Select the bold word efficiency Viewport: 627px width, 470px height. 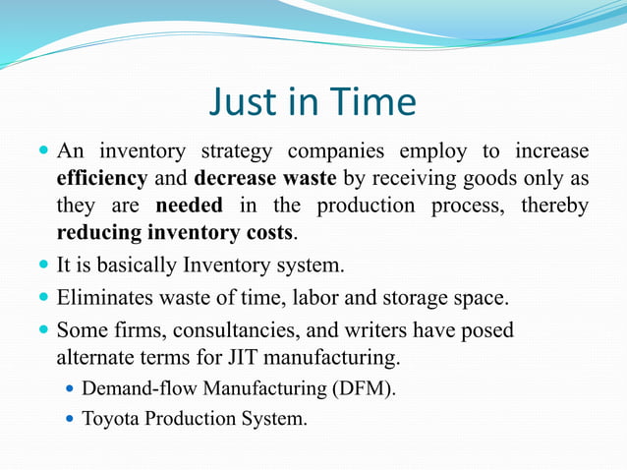point(102,180)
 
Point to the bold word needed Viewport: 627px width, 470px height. point(190,207)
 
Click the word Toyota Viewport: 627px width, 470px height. point(111,419)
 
